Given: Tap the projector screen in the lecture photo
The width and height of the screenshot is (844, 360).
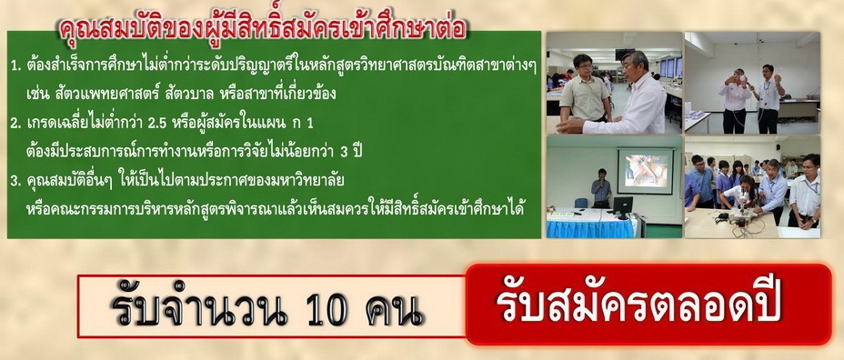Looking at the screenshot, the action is [645, 171].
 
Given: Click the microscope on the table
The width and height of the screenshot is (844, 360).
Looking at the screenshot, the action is [740, 210].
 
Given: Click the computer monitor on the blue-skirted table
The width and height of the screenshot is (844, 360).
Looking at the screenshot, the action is [623, 206].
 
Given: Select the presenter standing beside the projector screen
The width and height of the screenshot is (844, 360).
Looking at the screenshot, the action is [600, 188].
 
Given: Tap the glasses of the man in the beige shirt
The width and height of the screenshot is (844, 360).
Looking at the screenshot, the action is [584, 65].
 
